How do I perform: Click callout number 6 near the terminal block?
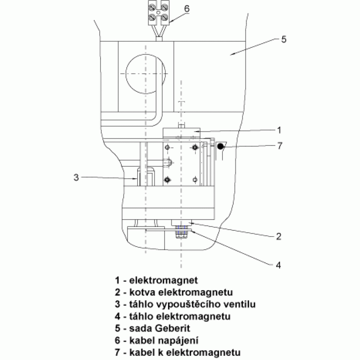(187, 9)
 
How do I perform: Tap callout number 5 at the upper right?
(284, 39)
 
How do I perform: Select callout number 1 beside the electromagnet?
(279, 130)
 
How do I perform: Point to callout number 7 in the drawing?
(279, 145)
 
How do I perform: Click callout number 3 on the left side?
(76, 177)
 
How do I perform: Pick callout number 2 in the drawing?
(279, 236)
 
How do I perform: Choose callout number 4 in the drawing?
(278, 265)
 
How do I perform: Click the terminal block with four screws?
(159, 12)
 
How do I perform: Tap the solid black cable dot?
(220, 146)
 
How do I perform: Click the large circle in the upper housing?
(126, 74)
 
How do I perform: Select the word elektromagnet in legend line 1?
(163, 280)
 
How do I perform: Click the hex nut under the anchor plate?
(181, 234)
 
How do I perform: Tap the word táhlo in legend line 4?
(141, 316)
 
